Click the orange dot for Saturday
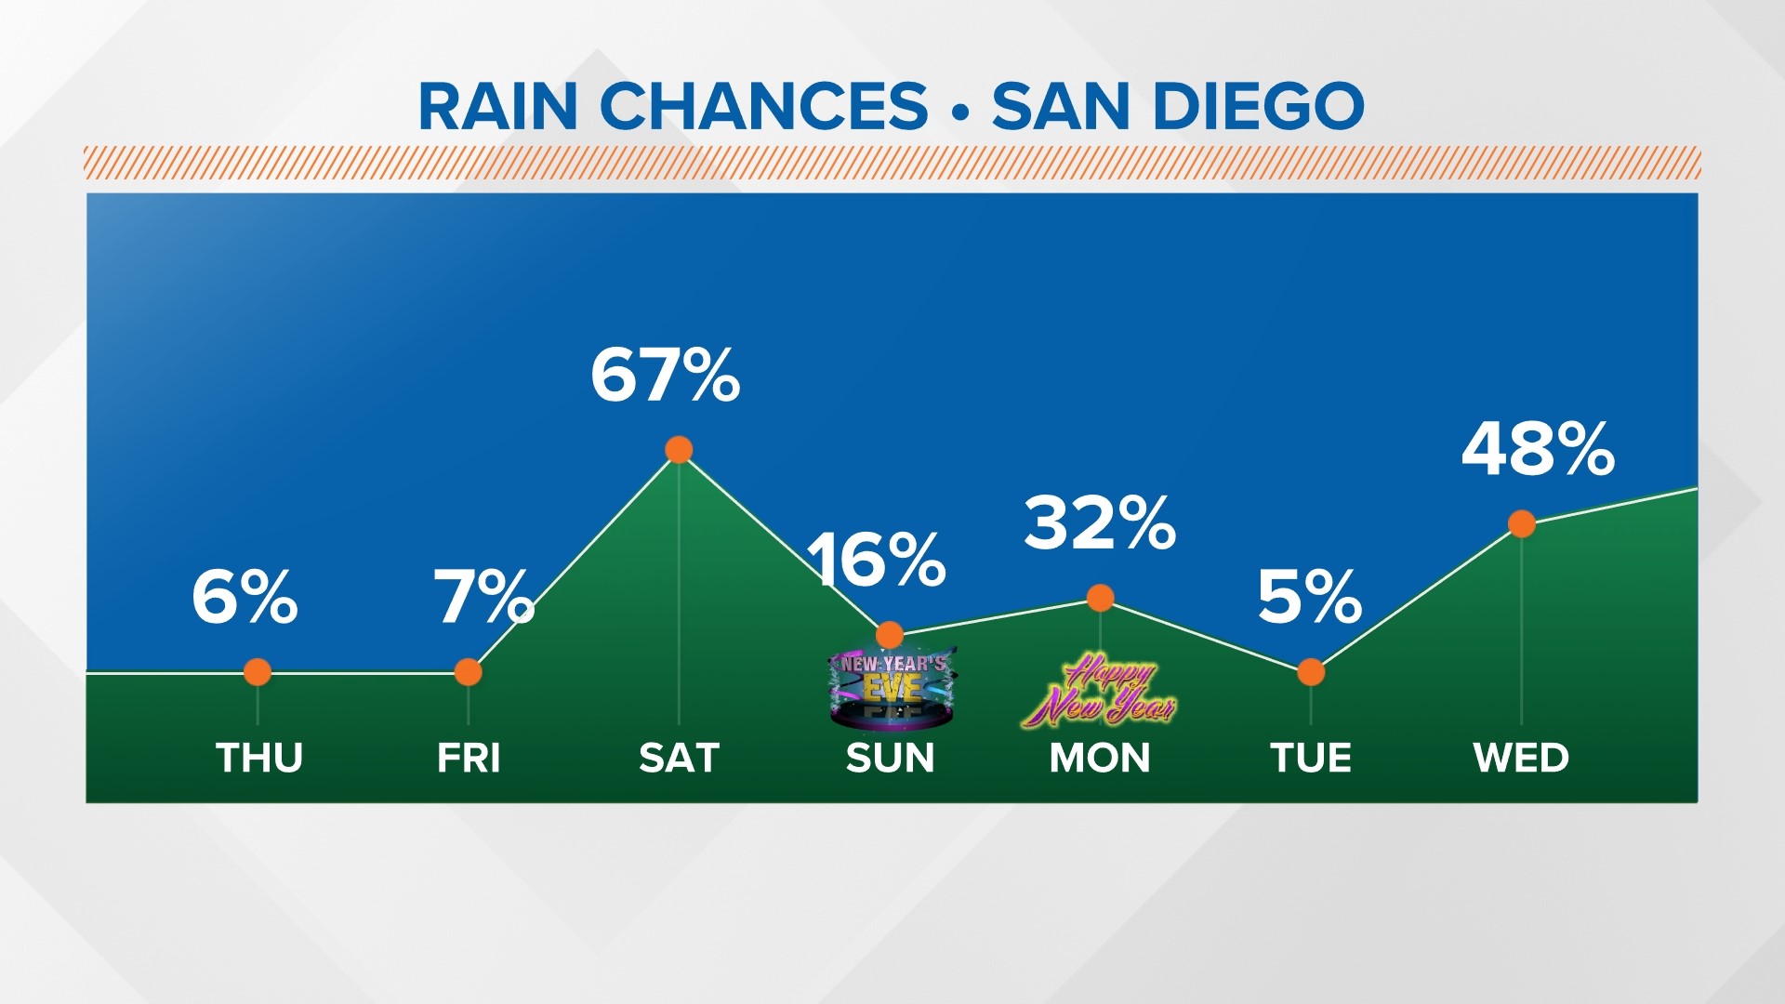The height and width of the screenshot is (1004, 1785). pyautogui.click(x=679, y=450)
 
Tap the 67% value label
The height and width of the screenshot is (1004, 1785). pyautogui.click(x=665, y=376)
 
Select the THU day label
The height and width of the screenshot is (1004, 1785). pyautogui.click(x=259, y=758)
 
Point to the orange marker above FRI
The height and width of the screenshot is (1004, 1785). pyautogui.click(x=469, y=672)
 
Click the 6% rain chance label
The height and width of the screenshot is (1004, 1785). pyautogui.click(x=245, y=597)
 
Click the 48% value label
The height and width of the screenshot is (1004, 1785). pyautogui.click(x=1538, y=450)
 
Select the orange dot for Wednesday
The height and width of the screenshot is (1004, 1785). pyautogui.click(x=1522, y=524)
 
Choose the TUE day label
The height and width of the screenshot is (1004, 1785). pyautogui.click(x=1311, y=758)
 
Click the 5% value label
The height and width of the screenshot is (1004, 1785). pyautogui.click(x=1309, y=597)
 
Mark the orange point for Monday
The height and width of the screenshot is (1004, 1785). pyautogui.click(x=1101, y=598)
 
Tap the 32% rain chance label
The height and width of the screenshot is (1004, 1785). pyautogui.click(x=1100, y=523)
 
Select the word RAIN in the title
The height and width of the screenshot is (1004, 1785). pyautogui.click(x=498, y=106)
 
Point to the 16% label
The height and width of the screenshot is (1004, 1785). pyautogui.click(x=876, y=561)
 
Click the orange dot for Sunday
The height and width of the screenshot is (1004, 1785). pyautogui.click(x=890, y=635)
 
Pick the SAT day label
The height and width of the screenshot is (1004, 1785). pyautogui.click(x=680, y=758)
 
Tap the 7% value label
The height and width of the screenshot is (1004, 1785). pyautogui.click(x=483, y=597)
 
